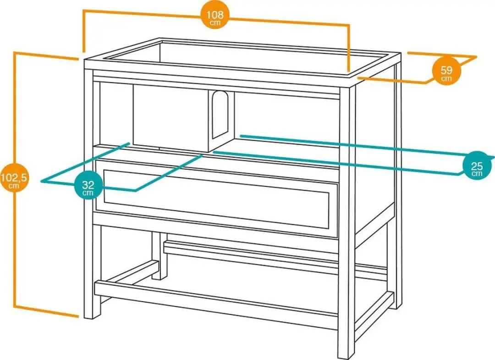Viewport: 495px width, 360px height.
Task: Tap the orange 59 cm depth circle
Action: [x=446, y=71]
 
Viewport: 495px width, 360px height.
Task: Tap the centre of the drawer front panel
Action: [x=216, y=199]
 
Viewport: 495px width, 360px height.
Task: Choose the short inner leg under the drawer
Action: [x=159, y=256]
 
